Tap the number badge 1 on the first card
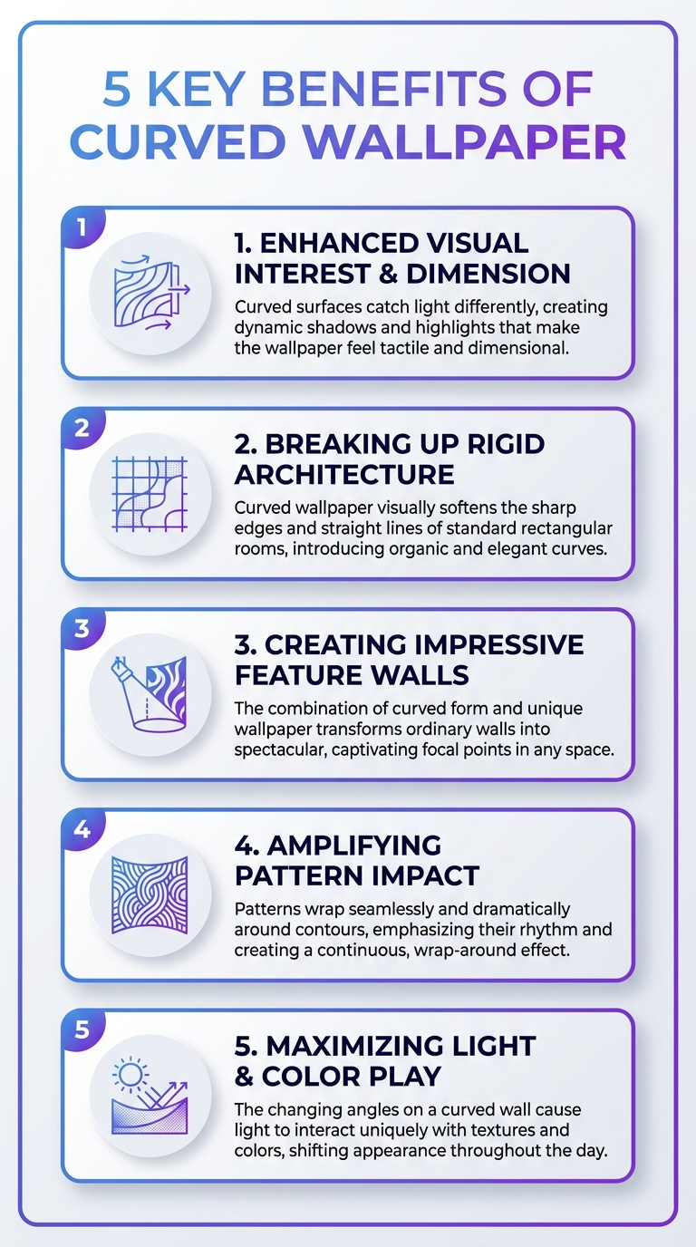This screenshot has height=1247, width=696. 82,227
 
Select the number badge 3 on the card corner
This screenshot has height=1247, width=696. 82,629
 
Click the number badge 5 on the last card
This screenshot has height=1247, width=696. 82,1029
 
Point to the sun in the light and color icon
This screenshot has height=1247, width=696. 130,1075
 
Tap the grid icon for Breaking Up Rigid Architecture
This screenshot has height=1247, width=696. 150,494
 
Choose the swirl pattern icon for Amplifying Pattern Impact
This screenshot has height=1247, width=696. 150,894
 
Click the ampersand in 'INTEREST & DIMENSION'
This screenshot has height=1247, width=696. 388,274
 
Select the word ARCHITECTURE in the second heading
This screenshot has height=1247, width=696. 344,474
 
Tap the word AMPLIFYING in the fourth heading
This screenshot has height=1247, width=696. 354,845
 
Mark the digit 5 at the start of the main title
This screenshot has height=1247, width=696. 118,90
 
